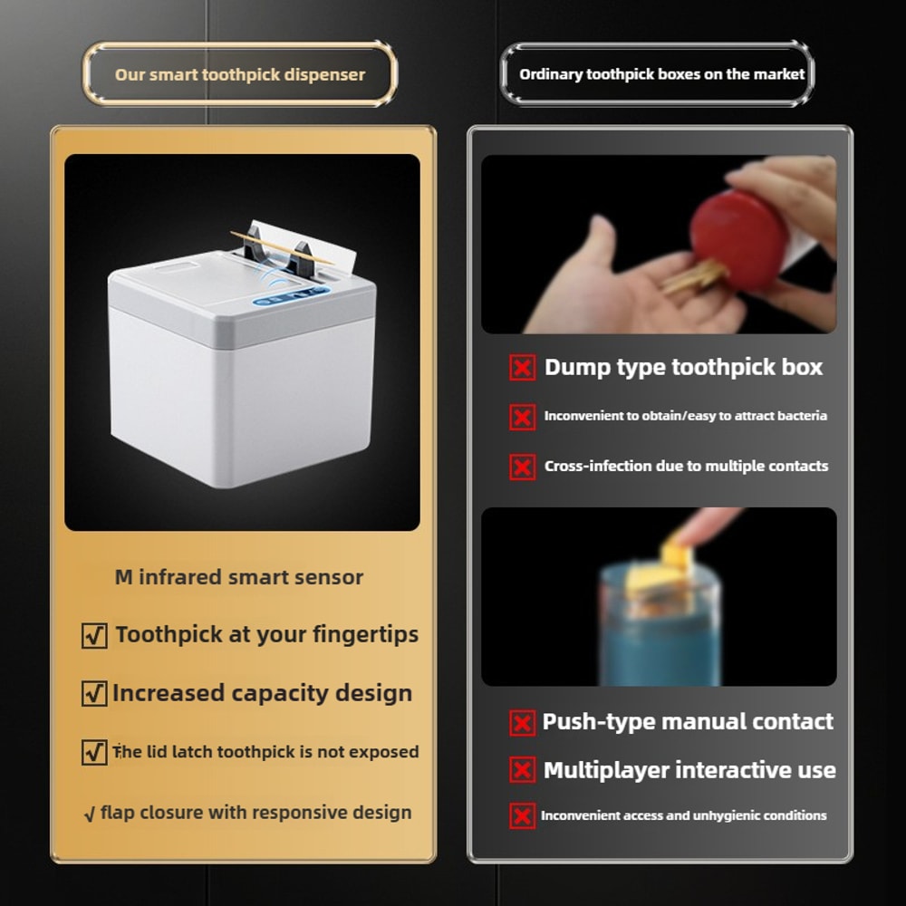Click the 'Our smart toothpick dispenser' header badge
pyautogui.click(x=240, y=74)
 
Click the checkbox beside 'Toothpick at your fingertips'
pyautogui.click(x=94, y=635)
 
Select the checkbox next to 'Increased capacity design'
pyautogui.click(x=94, y=694)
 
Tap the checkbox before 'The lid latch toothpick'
pyautogui.click(x=94, y=752)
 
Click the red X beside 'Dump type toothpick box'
pyautogui.click(x=522, y=368)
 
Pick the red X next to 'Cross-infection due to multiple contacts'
pyautogui.click(x=522, y=467)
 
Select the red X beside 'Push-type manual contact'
pyautogui.click(x=522, y=723)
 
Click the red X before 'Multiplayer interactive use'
pyautogui.click(x=522, y=771)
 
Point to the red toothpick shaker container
pyautogui.click(x=738, y=240)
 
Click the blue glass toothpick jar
pyautogui.click(x=659, y=625)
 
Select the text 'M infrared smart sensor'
pyautogui.click(x=239, y=577)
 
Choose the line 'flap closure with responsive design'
pyautogui.click(x=255, y=812)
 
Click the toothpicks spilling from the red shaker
pyautogui.click(x=693, y=277)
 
